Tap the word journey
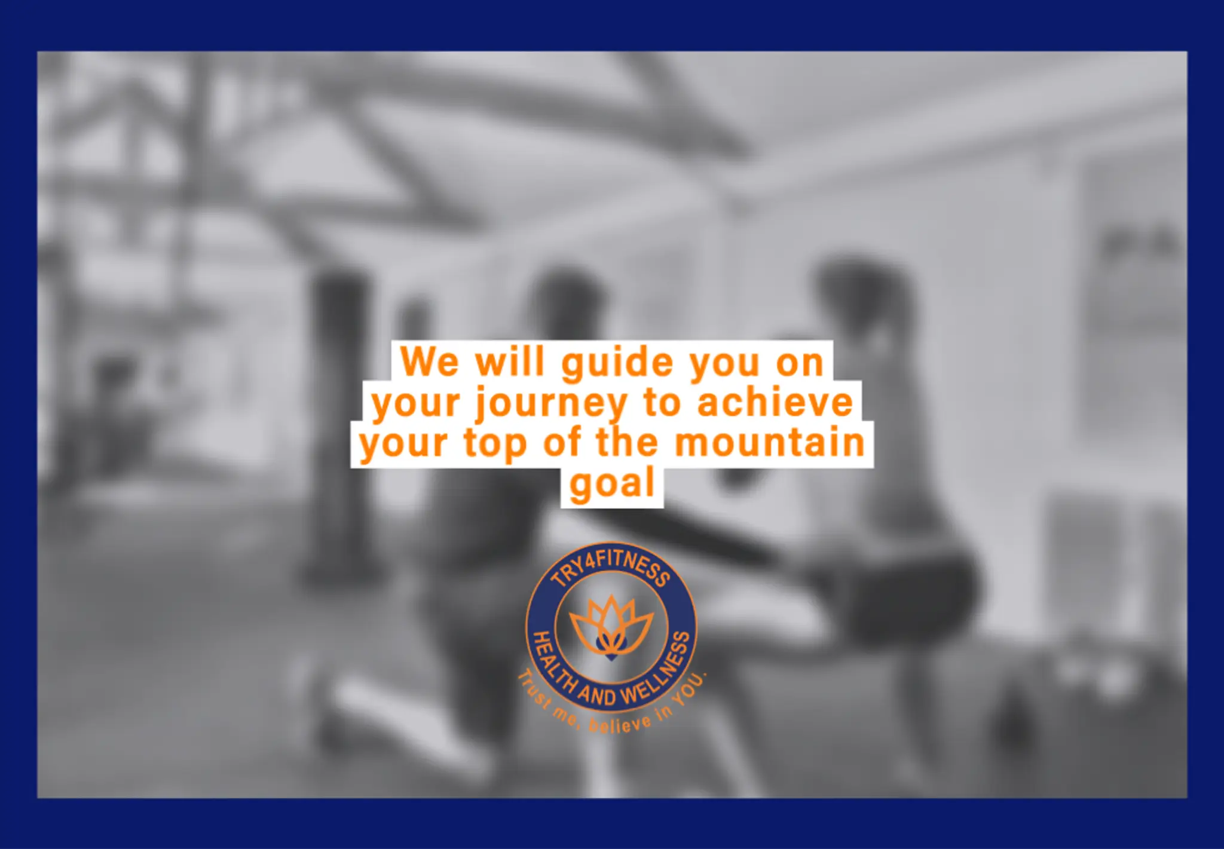(550, 404)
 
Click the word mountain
(770, 443)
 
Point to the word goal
(612, 484)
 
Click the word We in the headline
(430, 362)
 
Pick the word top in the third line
(495, 445)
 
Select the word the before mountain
(627, 443)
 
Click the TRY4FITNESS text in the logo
(610, 568)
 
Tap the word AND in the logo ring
(596, 695)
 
